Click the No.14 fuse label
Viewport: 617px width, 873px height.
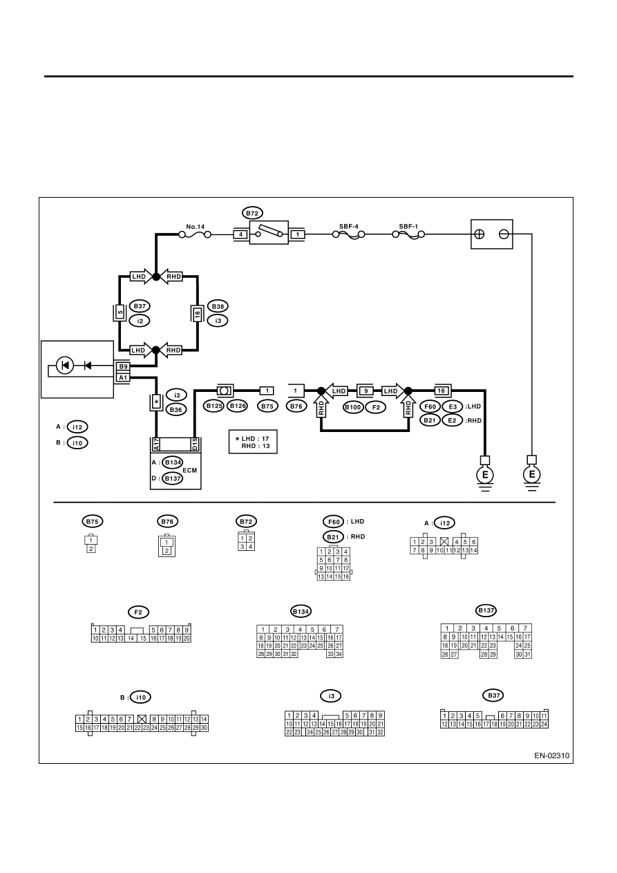pos(195,227)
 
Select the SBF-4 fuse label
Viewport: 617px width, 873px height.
pos(349,226)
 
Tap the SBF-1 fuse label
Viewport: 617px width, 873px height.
pos(408,226)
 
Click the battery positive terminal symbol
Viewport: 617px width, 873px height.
pos(479,234)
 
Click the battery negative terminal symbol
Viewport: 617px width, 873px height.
pos(504,234)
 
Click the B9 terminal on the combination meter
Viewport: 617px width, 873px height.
pos(123,366)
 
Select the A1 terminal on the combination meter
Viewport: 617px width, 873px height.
pos(123,377)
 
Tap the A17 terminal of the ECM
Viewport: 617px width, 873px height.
pos(156,444)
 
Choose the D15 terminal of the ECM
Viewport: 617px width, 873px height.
pos(195,444)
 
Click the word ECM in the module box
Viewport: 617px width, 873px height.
pos(190,471)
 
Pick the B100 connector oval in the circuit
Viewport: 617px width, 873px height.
pos(353,407)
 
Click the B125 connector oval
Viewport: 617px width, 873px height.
pos(214,406)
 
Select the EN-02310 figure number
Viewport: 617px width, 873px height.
pos(551,755)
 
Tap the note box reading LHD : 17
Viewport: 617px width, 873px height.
pos(253,442)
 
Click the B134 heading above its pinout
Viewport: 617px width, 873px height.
pos(301,612)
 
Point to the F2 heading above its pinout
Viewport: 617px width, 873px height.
pos(138,612)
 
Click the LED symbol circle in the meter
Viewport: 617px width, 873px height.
pos(65,366)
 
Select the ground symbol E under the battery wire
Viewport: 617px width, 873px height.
pos(532,475)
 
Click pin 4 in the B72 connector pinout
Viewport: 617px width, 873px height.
pos(250,547)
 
